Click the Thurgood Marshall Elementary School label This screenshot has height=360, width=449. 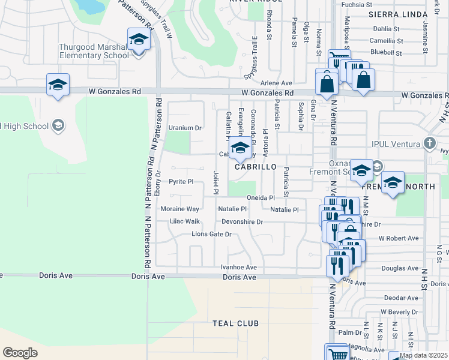[94, 52]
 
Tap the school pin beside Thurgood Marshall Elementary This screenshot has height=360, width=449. [139, 41]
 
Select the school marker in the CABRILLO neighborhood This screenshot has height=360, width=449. [240, 148]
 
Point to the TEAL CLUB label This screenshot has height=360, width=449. [235, 323]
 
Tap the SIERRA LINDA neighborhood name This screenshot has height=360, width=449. [392, 13]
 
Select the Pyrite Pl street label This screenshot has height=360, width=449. [181, 181]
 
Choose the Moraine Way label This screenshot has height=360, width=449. [179, 209]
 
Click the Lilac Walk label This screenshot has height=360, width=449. [184, 221]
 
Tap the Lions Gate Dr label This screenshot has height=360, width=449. [211, 234]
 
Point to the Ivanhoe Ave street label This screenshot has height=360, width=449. [239, 268]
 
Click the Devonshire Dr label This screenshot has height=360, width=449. [243, 222]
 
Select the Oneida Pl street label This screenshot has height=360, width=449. [260, 198]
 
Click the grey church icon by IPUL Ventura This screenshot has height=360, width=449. [429, 143]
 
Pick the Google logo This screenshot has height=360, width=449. [20, 353]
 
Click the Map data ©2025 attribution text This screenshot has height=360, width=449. [423, 355]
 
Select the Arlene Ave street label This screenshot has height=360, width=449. [276, 83]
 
